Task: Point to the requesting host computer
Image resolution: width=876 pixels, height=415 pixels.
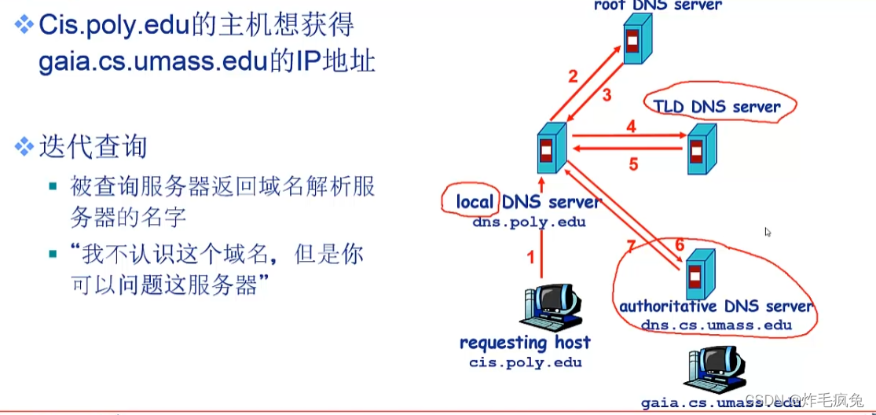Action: coord(551,308)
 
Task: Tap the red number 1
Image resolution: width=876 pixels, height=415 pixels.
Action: coord(530,257)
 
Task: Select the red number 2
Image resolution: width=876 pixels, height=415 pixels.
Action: coord(573,76)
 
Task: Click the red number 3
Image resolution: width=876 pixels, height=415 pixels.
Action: coord(607,95)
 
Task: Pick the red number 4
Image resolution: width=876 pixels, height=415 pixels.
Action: coord(631,126)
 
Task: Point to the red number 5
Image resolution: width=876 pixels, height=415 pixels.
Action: coord(633,165)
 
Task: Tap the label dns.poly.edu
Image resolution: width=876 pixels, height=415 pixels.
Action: coord(529,222)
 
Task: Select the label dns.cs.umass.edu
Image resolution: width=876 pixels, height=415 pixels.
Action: coord(716,325)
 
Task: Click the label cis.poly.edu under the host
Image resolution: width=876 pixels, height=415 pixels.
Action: coord(525,362)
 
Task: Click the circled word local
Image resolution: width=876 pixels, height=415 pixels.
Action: coord(474,202)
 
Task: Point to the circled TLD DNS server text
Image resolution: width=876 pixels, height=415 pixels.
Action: coord(716,107)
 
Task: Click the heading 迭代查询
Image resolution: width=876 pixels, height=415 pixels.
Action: coord(93,147)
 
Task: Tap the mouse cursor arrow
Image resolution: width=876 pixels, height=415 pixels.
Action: coord(768,233)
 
